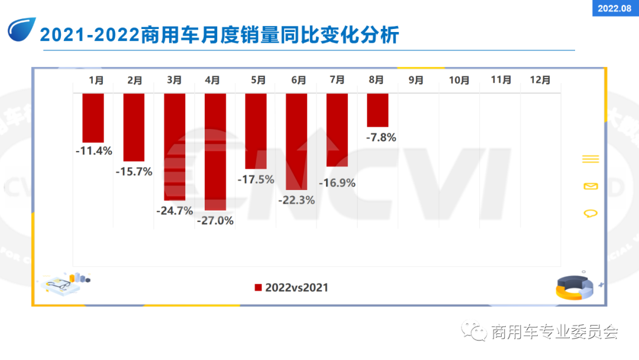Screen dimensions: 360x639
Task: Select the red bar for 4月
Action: click(x=215, y=152)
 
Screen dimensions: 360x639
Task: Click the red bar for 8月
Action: click(x=377, y=110)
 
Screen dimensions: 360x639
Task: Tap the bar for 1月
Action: click(x=93, y=117)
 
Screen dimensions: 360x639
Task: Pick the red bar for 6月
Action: click(x=296, y=142)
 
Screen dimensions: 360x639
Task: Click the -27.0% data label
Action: click(x=215, y=221)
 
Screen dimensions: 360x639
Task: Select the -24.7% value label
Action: click(x=175, y=210)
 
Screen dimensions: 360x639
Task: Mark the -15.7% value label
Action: click(x=134, y=172)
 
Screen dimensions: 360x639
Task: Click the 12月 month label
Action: click(x=540, y=80)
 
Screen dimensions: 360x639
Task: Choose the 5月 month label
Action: click(x=259, y=80)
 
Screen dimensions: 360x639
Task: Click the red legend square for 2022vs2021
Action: click(x=258, y=288)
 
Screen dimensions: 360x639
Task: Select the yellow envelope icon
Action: click(x=590, y=187)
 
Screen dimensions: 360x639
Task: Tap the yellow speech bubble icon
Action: click(x=590, y=213)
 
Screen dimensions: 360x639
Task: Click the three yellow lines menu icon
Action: click(x=590, y=159)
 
